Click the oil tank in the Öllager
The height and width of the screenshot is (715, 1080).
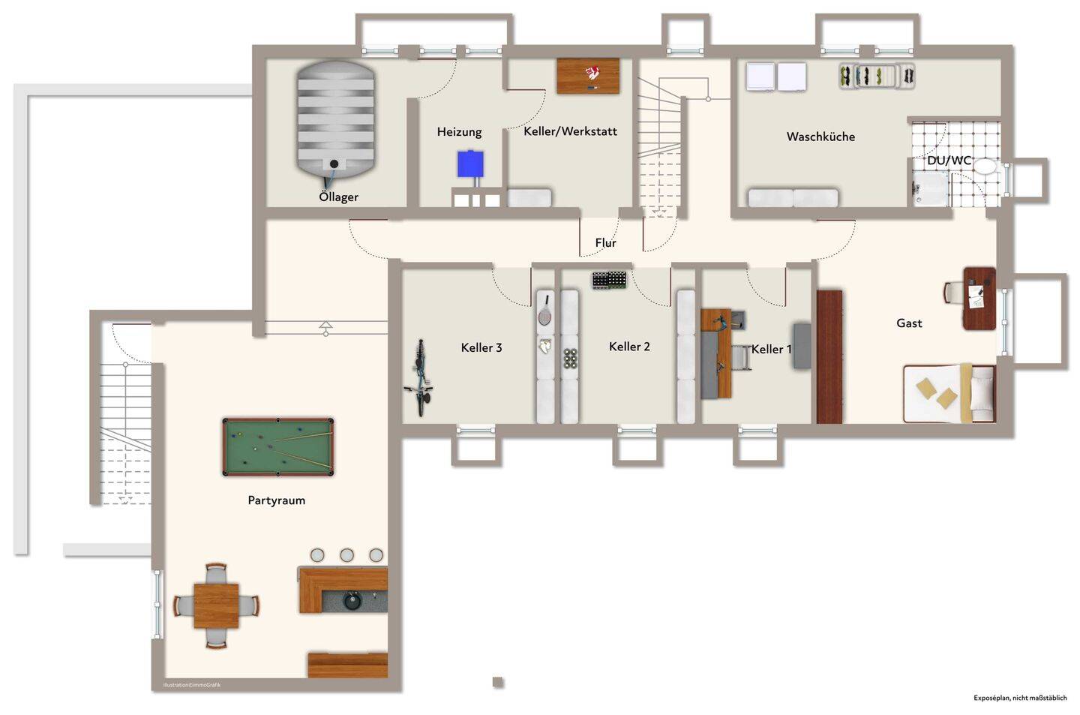(x=335, y=119)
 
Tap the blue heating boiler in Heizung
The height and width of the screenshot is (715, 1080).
(x=470, y=164)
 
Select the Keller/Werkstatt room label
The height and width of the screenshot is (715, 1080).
(x=570, y=131)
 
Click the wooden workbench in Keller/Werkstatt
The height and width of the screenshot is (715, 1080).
(x=588, y=76)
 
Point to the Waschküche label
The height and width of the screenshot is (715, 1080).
(x=820, y=137)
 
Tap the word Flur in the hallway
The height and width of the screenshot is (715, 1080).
(x=605, y=243)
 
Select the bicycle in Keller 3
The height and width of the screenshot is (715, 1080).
(x=419, y=377)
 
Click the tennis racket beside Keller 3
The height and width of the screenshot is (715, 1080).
(x=545, y=309)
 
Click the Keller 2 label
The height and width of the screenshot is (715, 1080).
(x=629, y=347)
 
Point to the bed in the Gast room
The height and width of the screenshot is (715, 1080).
(x=949, y=393)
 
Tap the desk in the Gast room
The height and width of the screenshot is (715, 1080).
(x=979, y=299)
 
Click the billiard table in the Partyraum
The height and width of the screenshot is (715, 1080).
(x=278, y=447)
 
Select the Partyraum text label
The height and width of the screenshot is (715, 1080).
(x=276, y=500)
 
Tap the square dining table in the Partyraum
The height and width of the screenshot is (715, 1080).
(x=216, y=605)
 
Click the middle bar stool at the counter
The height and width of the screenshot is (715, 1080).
(x=346, y=555)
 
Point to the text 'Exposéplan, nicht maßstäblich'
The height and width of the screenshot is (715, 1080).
(x=1019, y=698)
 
